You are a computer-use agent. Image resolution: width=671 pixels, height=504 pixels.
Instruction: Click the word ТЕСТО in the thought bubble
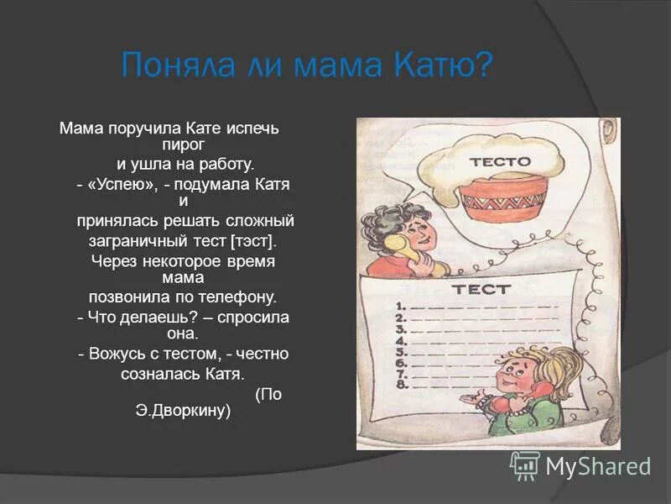click(x=500, y=161)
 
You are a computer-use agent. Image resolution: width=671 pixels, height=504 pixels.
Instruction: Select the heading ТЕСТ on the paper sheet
click(x=481, y=289)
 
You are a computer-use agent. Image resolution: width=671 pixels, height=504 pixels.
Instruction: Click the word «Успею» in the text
click(x=126, y=185)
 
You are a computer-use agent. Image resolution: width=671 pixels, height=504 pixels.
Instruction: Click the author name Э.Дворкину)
click(x=183, y=412)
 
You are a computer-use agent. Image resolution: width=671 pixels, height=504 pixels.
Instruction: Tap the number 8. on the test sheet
click(x=402, y=386)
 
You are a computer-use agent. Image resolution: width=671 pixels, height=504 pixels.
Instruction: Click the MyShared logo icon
click(x=525, y=465)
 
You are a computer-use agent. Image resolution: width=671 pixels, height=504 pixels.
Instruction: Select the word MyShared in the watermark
click(x=598, y=466)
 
